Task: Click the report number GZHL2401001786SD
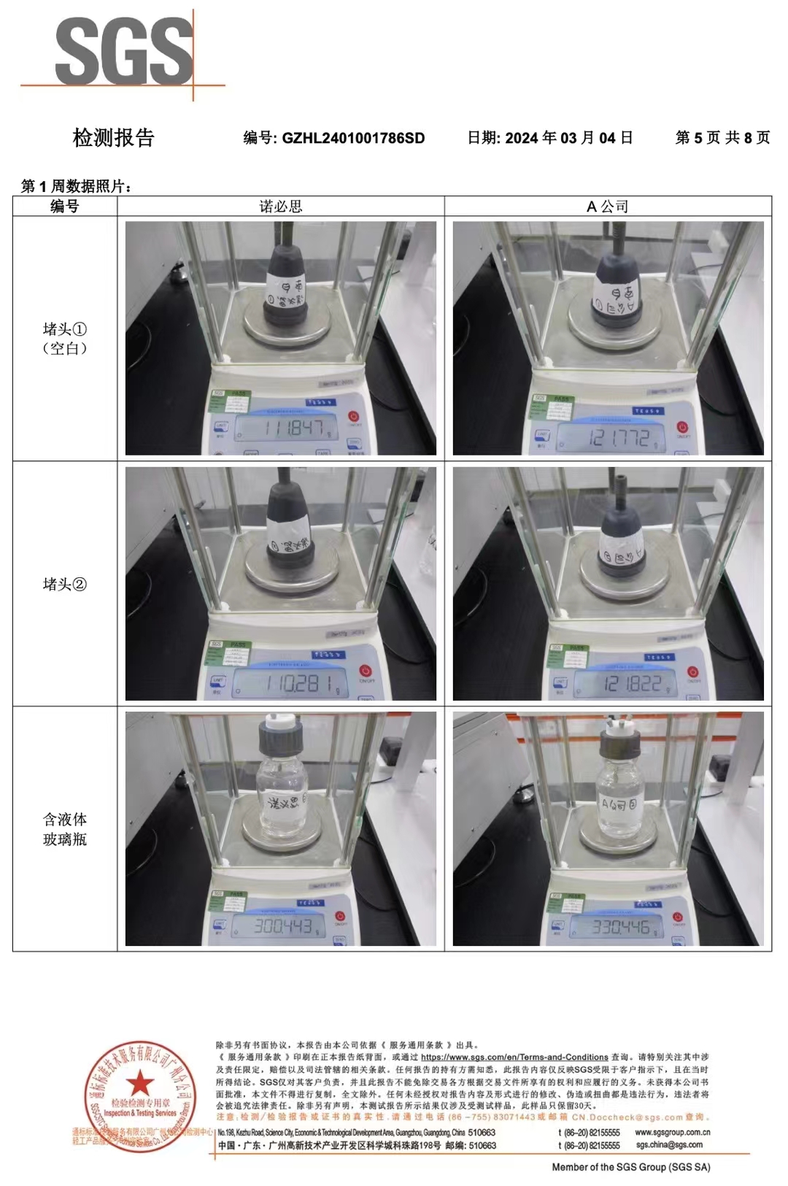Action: [353, 138]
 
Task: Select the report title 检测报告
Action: [113, 137]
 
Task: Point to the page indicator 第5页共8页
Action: [722, 137]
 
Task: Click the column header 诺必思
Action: [281, 207]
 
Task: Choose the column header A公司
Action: [608, 207]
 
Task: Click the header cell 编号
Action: [65, 207]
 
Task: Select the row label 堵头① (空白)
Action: [65, 339]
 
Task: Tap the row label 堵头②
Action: [65, 584]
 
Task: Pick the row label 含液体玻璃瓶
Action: [65, 829]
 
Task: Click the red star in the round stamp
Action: [139, 1084]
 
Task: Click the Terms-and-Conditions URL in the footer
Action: [514, 1057]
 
